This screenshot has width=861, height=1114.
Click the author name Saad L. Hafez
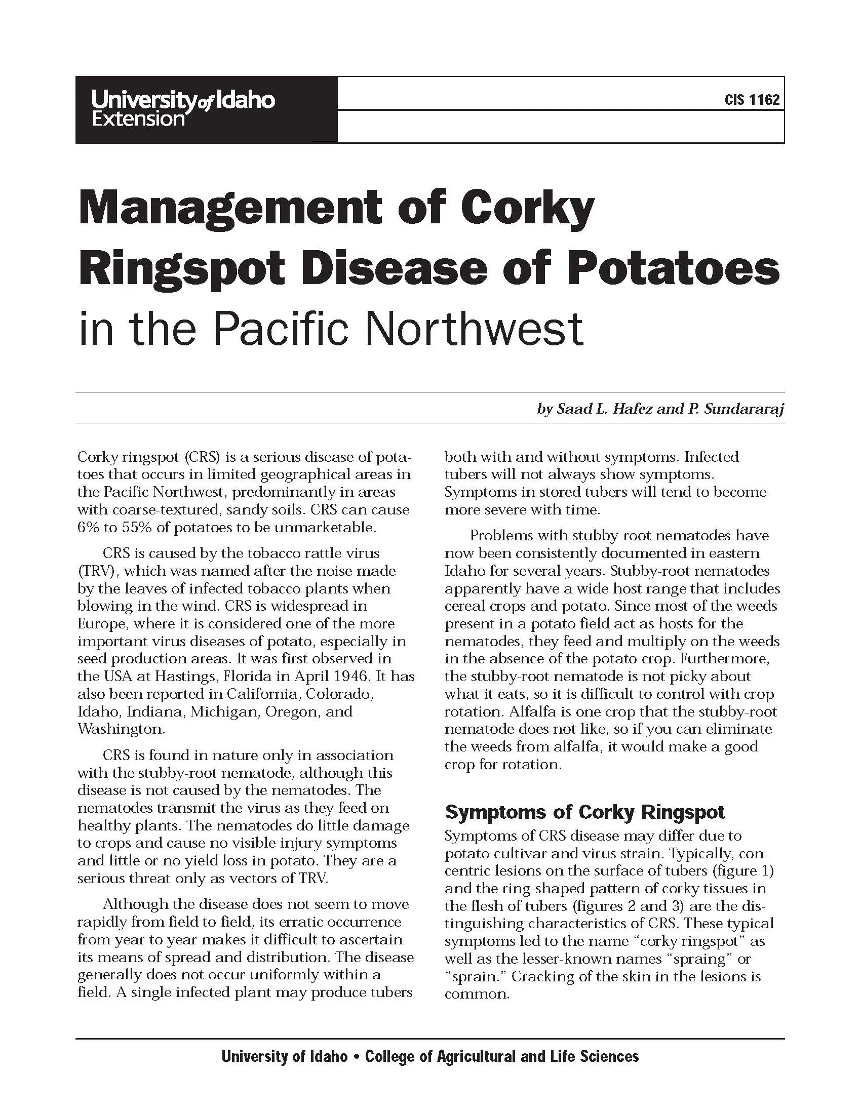pyautogui.click(x=604, y=409)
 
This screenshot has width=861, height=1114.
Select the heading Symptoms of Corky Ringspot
pyautogui.click(x=584, y=812)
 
